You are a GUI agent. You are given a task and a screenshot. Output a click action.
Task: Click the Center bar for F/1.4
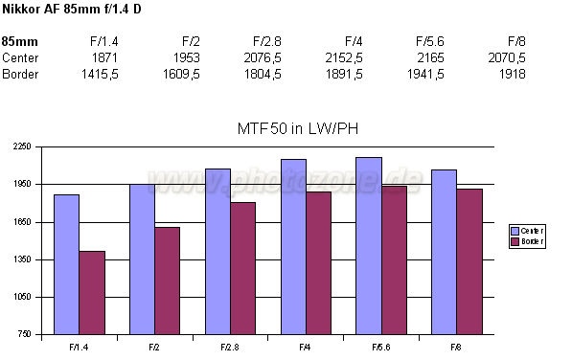[66, 264]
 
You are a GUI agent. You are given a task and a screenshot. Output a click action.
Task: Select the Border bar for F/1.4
[92, 292]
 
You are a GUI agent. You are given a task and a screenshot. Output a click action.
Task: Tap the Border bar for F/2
[167, 281]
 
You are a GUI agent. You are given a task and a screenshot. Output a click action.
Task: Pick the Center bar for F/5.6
[369, 246]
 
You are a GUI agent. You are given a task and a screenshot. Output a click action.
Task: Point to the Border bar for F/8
[469, 261]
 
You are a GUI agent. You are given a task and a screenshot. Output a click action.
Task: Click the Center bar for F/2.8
[217, 252]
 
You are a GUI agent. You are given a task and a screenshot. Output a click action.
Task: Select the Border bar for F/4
[318, 263]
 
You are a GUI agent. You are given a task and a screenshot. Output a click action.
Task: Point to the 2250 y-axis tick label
[22, 146]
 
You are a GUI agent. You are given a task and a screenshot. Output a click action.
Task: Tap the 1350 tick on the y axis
[22, 259]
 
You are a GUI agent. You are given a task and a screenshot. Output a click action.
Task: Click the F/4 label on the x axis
[305, 346]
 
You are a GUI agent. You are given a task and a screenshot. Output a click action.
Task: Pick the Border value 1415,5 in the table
[98, 74]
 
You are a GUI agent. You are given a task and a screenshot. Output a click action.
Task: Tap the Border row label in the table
[20, 74]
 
